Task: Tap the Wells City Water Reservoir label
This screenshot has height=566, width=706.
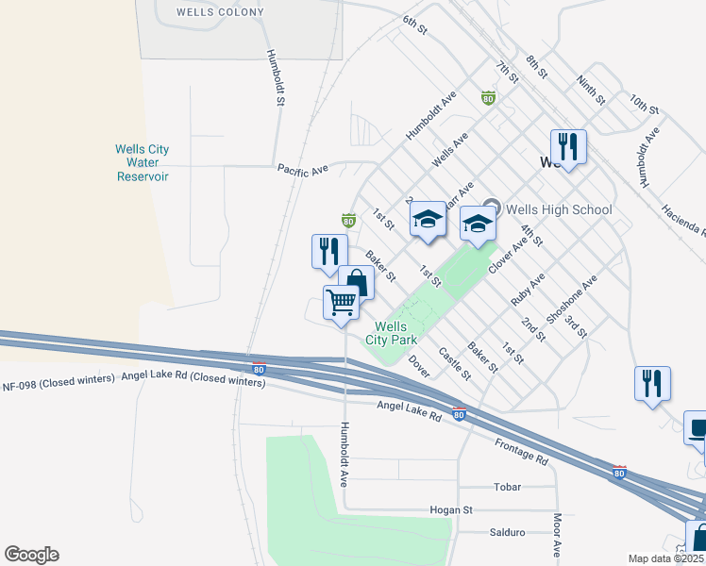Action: point(142,163)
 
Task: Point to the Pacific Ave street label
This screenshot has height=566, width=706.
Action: point(302,170)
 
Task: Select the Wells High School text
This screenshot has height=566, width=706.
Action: point(560,209)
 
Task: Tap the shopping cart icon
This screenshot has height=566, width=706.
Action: point(341,304)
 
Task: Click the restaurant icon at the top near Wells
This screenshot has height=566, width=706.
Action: point(568,145)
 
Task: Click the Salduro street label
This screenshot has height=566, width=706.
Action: point(507,532)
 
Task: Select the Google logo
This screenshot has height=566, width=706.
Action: point(31,555)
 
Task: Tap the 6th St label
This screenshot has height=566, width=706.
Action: point(415,25)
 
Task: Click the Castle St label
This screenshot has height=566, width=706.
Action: point(454,362)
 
